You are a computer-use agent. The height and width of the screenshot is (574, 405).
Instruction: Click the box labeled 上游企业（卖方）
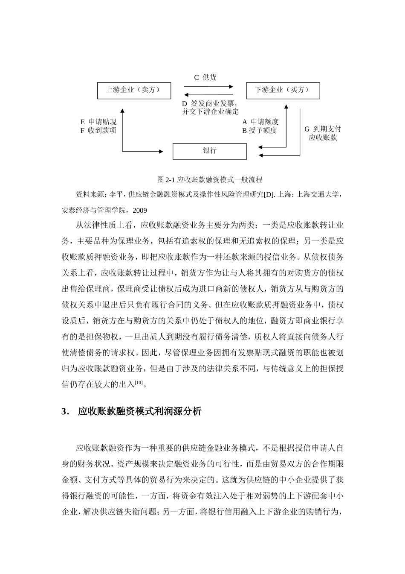click(134, 91)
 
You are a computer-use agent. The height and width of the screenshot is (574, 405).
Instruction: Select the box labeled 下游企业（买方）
click(283, 91)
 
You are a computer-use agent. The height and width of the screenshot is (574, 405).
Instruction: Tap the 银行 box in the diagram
click(209, 151)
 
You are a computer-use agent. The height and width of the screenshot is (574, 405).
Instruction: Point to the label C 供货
click(205, 77)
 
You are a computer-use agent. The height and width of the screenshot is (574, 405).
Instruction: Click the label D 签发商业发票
click(209, 103)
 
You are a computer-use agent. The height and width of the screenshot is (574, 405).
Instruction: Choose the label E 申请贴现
click(98, 122)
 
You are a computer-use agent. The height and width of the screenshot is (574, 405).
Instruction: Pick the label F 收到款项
click(98, 131)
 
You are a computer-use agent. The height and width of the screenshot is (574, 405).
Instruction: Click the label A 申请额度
click(260, 122)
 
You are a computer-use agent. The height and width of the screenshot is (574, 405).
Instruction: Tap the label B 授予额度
click(260, 131)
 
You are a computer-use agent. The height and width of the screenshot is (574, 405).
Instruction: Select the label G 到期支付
click(322, 129)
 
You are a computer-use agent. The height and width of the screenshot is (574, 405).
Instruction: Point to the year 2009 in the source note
click(140, 210)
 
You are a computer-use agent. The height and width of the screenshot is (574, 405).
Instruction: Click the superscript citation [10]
click(139, 383)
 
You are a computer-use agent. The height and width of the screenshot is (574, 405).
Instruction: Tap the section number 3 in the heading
click(64, 412)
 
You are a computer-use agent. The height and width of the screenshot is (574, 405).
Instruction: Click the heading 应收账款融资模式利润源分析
click(140, 412)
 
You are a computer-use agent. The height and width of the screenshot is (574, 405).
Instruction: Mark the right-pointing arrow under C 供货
click(209, 86)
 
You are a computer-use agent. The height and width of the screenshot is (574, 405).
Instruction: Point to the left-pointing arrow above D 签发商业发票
click(209, 95)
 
